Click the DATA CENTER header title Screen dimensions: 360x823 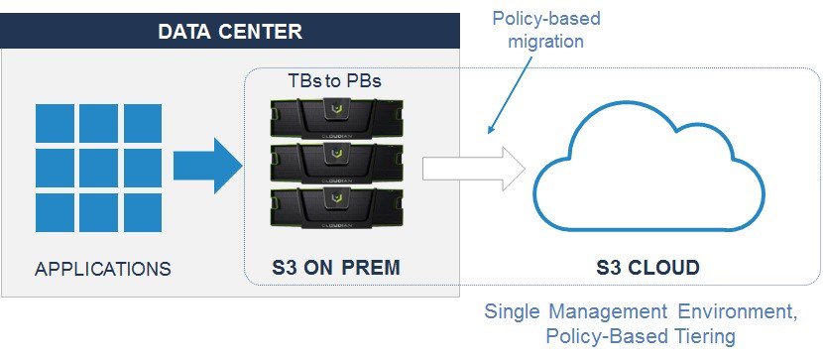230,31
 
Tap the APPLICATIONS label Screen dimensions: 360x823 103,269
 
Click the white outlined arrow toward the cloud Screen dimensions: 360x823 472,167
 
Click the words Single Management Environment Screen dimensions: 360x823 641,312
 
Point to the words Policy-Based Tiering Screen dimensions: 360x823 641,337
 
